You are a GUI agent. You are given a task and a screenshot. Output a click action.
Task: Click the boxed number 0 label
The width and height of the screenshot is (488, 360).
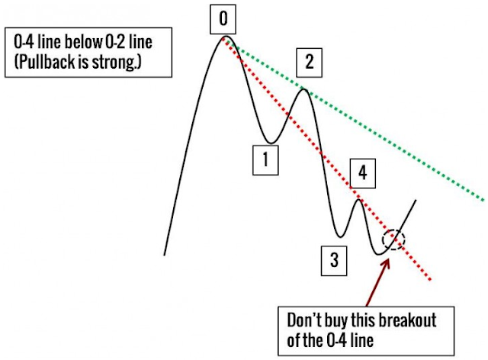[x=224, y=17]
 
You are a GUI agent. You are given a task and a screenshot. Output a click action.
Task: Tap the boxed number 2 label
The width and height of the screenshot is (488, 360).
[x=309, y=62]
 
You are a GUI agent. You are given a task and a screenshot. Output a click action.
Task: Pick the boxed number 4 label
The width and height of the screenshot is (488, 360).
[x=362, y=172]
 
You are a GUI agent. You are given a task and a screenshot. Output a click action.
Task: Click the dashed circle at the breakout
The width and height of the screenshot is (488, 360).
[x=394, y=239]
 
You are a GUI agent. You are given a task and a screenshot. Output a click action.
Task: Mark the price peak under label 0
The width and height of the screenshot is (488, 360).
[x=226, y=37]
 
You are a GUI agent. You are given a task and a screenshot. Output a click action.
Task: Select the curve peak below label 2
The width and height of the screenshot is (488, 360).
[x=303, y=90]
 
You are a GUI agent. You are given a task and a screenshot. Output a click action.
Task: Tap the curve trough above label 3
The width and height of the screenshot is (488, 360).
[x=339, y=235]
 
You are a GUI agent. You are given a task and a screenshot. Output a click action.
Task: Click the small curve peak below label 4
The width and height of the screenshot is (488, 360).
[x=358, y=200]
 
